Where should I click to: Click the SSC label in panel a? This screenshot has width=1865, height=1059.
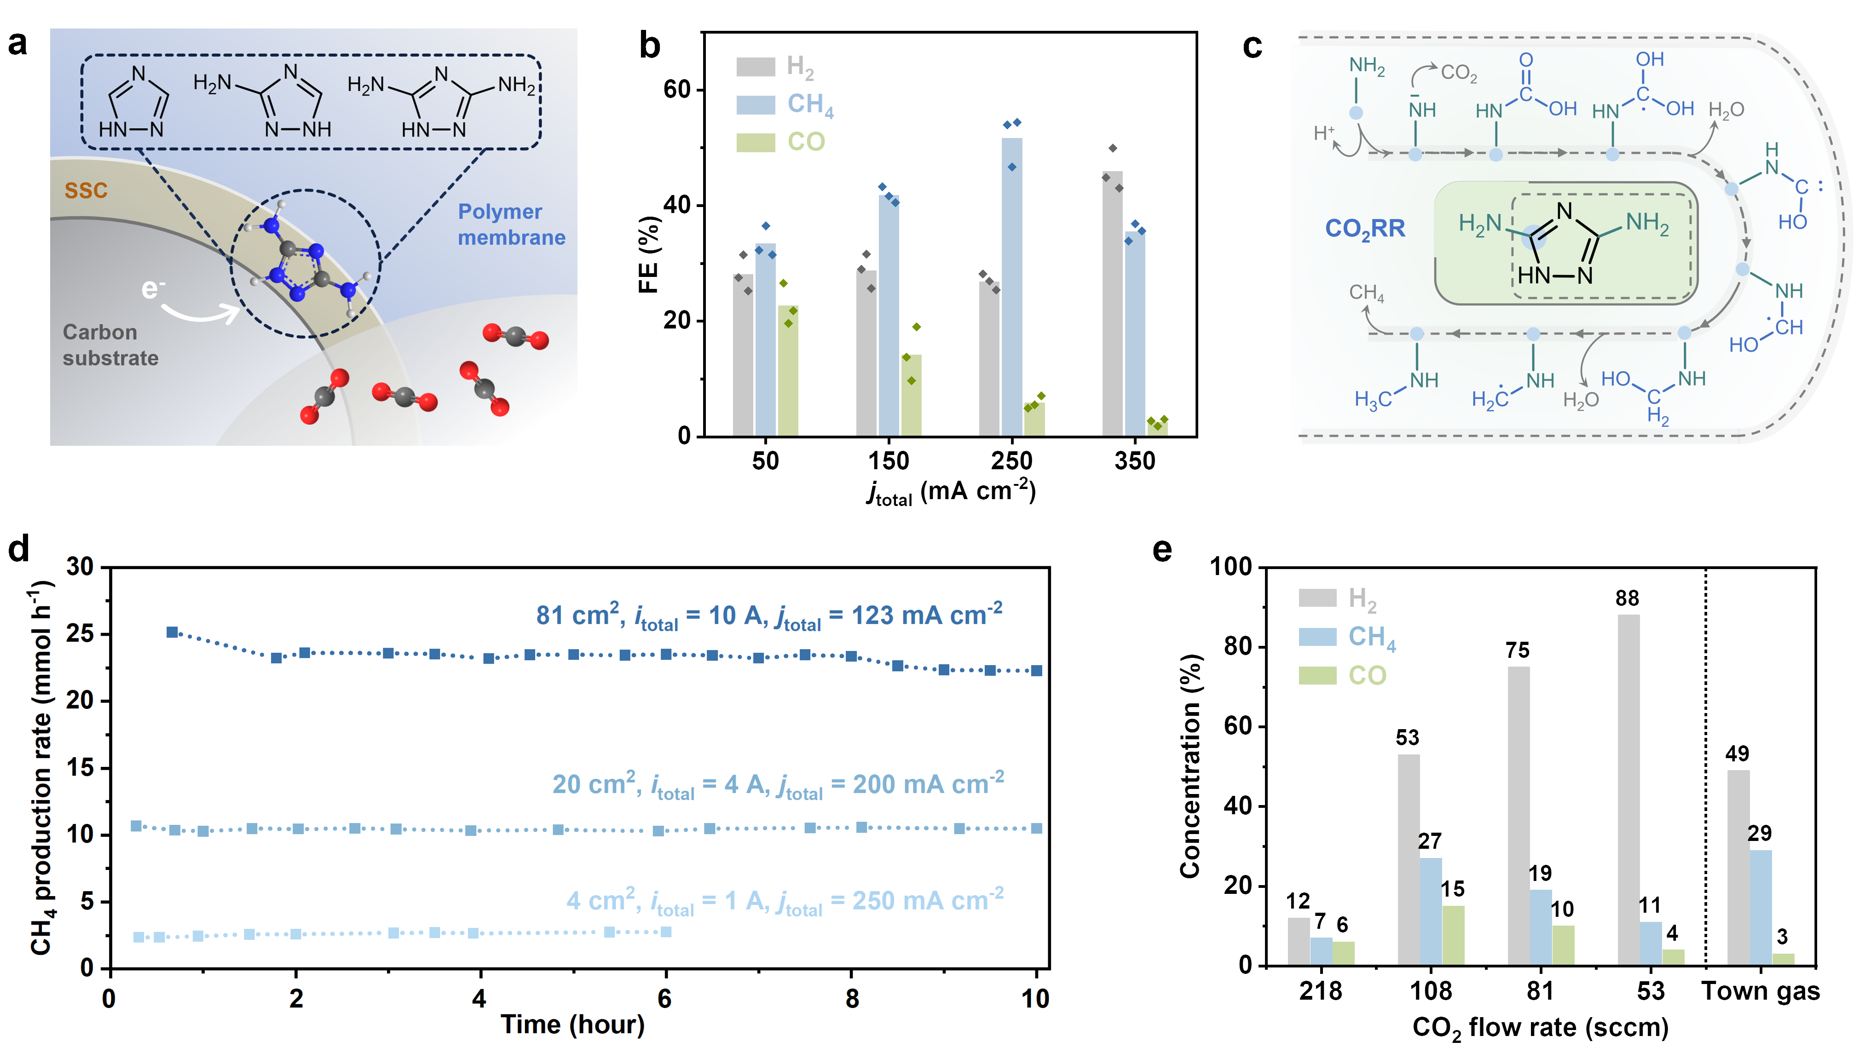point(86,190)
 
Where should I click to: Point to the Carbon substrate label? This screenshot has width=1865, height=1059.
point(110,345)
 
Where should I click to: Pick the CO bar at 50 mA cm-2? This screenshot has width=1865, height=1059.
point(788,371)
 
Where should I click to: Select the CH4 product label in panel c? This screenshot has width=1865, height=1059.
point(1366,293)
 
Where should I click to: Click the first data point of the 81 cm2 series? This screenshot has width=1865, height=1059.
point(173,632)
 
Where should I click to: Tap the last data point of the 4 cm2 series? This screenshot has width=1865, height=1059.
point(665,932)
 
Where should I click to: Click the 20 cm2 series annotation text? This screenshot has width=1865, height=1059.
point(778,785)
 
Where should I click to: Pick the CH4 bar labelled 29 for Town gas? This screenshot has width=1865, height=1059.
point(1760,908)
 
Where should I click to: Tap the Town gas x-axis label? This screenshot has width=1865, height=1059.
point(1760,991)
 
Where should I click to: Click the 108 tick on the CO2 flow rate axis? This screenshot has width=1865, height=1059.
point(1430,991)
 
